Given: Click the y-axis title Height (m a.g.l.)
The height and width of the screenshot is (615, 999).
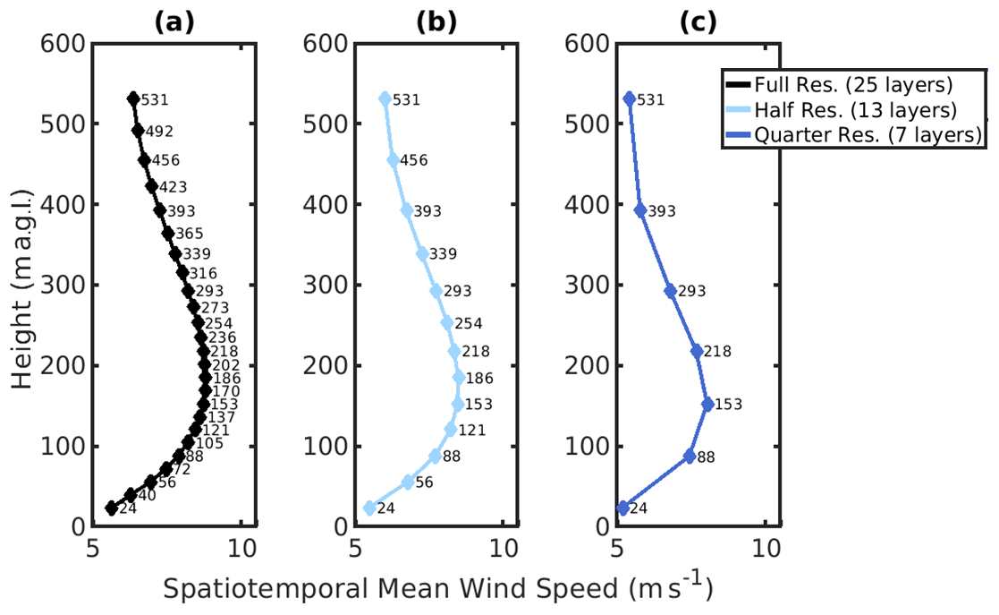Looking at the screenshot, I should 24,285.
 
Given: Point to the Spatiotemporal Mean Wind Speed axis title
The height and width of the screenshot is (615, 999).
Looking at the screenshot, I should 437,588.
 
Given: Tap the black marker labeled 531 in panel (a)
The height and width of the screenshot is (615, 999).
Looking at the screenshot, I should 133,98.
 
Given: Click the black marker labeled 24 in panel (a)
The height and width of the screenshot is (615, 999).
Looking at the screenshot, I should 112,508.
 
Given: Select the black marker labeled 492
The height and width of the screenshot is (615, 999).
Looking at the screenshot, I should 138,130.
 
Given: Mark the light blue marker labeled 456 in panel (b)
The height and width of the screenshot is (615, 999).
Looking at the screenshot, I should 393,160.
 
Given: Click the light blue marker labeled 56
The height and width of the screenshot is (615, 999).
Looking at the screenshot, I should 408,482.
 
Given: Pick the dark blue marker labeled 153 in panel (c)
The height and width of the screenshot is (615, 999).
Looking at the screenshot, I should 707,405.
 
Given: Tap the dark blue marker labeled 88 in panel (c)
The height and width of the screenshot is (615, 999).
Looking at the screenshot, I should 690,456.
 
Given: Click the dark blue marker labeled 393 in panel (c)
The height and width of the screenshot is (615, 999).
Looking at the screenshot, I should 640,210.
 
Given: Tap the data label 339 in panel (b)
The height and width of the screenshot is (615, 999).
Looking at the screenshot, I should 443,254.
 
